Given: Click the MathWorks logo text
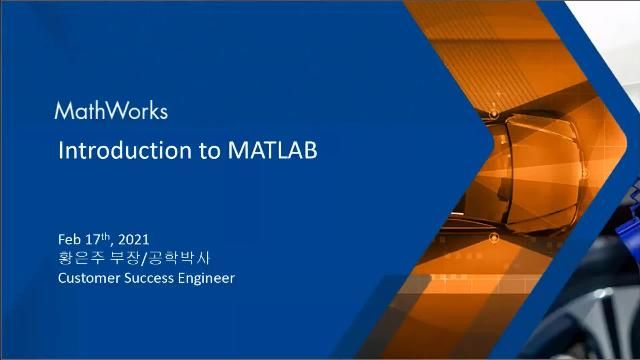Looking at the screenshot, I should tap(110, 110).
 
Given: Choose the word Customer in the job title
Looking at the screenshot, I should tap(89, 277).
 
